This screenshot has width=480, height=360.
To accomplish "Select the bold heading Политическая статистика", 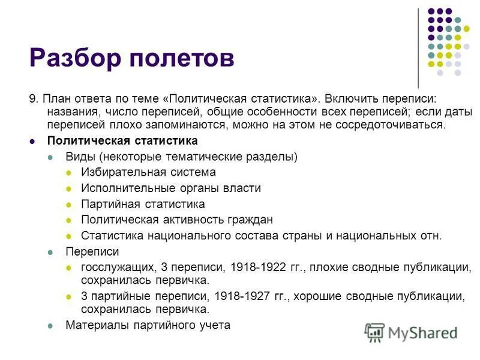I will point(122,141).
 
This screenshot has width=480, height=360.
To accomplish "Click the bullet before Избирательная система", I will point(68,173).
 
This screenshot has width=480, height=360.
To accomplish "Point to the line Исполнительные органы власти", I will point(170,188).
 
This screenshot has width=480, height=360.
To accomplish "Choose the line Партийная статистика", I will point(143,204).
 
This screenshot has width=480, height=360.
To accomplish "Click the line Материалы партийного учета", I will point(148,325).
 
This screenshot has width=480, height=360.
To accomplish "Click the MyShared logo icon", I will point(375,332).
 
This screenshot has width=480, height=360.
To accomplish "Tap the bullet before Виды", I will point(52,157).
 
